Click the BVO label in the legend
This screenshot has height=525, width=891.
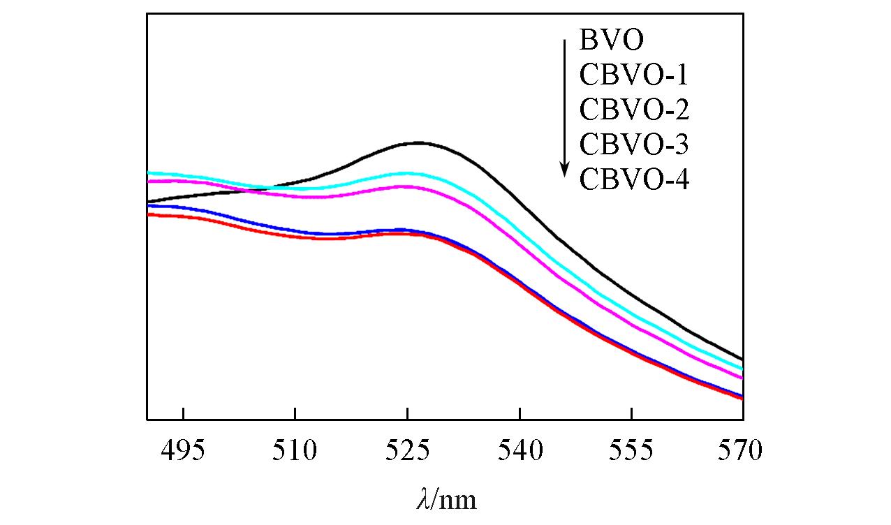click(x=610, y=40)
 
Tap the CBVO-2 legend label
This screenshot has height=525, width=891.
click(x=634, y=110)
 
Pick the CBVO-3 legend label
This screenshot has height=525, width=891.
click(x=634, y=145)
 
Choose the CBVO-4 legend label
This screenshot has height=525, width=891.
click(x=634, y=180)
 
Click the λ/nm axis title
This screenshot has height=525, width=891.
click(x=445, y=499)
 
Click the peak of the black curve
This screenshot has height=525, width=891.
click(x=418, y=142)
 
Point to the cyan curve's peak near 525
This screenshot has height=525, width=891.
click(x=408, y=172)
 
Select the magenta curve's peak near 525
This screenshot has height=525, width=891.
click(x=405, y=186)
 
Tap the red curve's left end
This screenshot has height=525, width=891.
click(x=148, y=214)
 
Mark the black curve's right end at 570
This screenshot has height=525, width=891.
click(x=742, y=359)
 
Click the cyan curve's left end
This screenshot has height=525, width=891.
click(x=148, y=172)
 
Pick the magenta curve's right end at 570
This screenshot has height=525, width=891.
click(x=742, y=378)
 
